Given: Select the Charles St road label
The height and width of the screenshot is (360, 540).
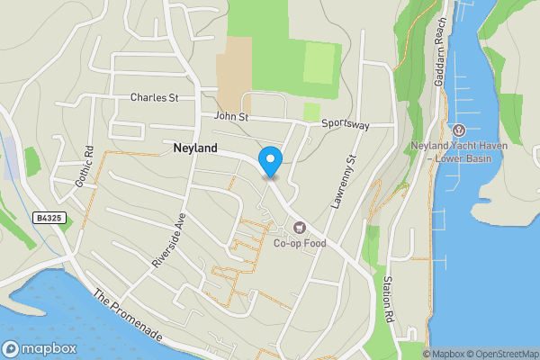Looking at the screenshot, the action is point(155,97).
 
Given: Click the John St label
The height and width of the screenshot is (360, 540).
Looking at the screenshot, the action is point(230,117).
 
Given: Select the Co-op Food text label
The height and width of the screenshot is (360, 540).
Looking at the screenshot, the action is point(300,244).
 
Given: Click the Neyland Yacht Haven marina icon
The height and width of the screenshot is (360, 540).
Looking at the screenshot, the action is point(458,130).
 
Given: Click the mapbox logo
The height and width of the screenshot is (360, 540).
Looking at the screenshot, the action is point(40,348).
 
